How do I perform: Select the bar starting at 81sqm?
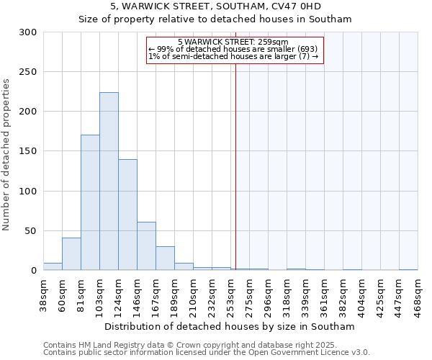pos(90,202)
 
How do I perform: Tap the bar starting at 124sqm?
pos(127,215)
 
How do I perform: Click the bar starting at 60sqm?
pos(71,253)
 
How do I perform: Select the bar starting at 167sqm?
pos(165,258)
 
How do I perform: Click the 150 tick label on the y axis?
pos(28,151)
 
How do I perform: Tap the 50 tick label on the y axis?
pos(31,231)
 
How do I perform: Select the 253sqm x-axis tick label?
pos(232,296)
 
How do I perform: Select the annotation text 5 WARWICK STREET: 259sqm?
pos(233,42)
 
